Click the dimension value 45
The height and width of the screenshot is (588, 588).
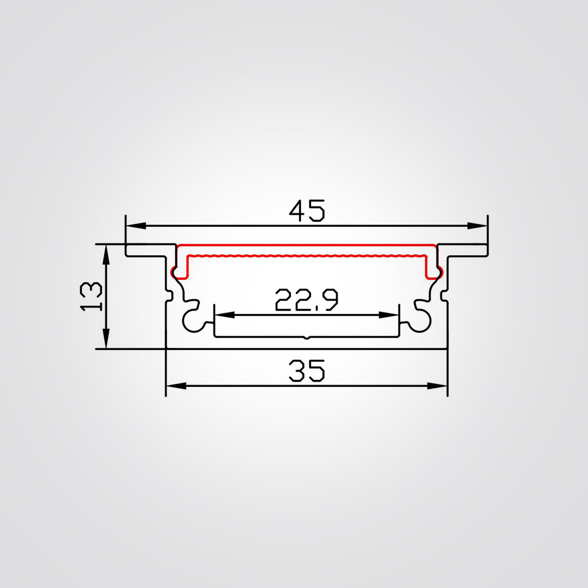(306, 211)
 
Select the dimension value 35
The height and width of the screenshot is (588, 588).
(306, 372)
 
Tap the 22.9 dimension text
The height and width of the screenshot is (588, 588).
(306, 301)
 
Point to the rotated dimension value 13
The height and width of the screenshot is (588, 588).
(92, 296)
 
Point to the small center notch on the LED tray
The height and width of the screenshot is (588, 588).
(306, 338)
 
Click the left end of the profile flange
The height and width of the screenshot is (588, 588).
(127, 250)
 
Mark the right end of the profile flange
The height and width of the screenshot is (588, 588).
(486, 250)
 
